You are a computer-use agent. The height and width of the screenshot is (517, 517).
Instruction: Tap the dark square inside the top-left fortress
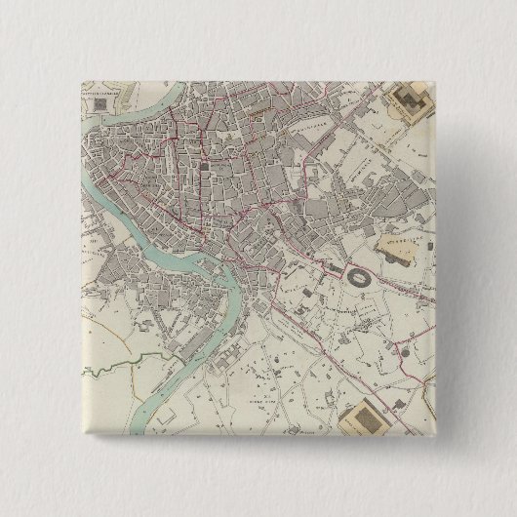click(100, 100)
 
